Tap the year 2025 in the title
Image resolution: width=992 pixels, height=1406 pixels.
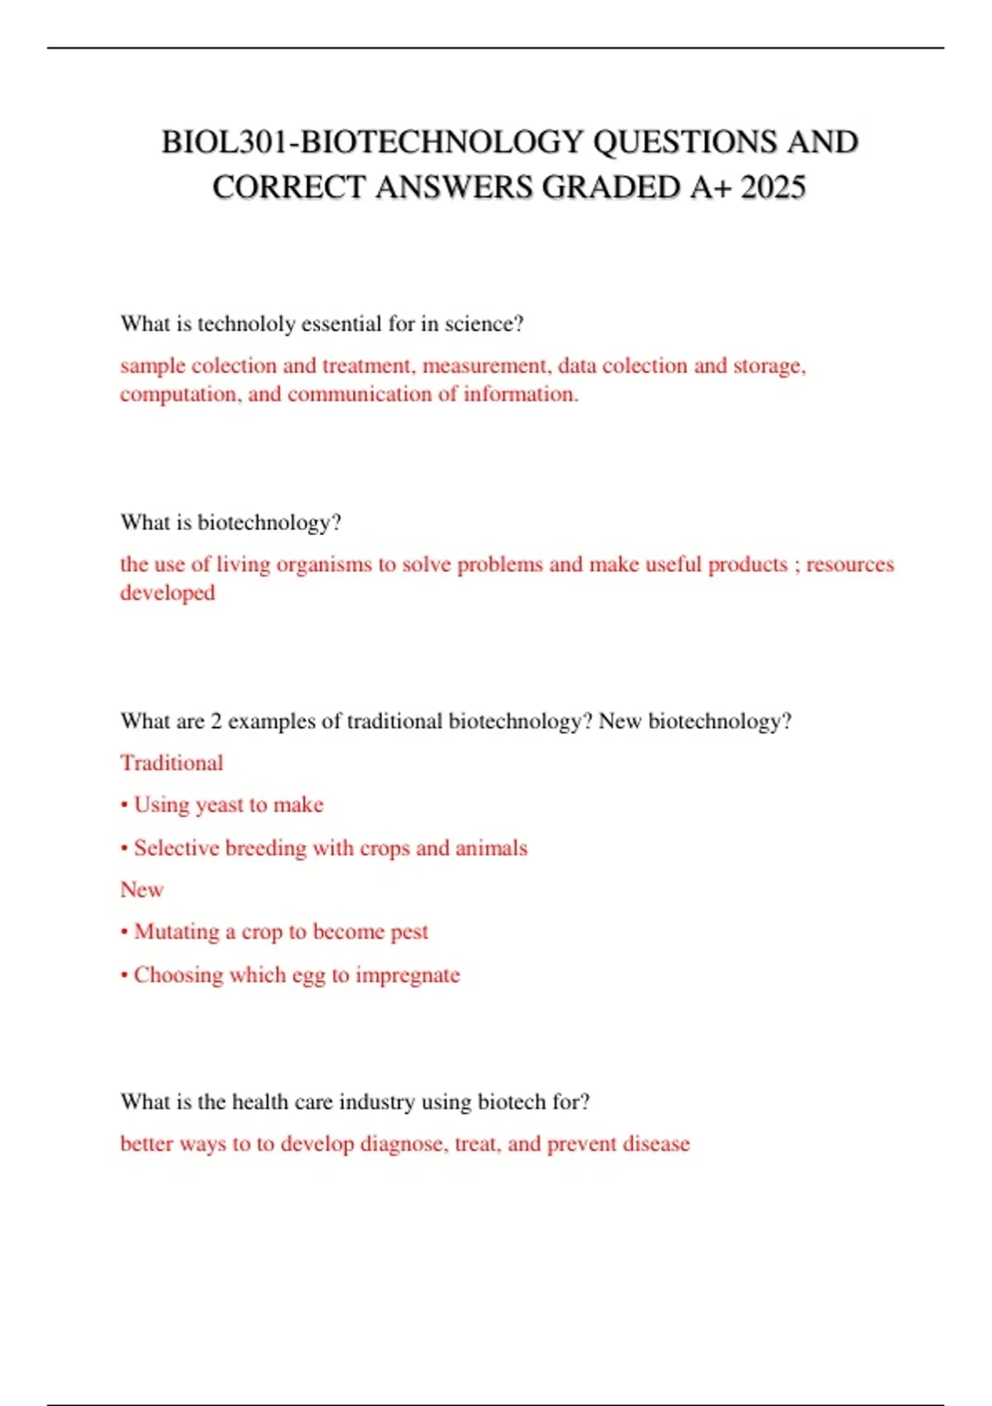coord(773,187)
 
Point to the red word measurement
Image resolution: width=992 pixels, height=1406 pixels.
coord(485,366)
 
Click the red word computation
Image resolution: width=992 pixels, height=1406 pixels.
coord(179,395)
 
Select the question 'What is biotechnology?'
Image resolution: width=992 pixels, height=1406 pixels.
coord(231,523)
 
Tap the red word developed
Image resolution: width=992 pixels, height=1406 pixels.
coord(167,593)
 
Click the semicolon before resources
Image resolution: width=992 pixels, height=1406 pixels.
coord(797,565)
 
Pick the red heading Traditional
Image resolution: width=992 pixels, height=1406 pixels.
coord(171,763)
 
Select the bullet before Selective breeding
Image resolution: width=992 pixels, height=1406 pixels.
coord(124,849)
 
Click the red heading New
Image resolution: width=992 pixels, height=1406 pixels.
coord(141,890)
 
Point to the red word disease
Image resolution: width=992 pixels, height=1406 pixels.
coord(656,1144)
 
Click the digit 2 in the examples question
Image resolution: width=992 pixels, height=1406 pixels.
coord(216,722)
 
